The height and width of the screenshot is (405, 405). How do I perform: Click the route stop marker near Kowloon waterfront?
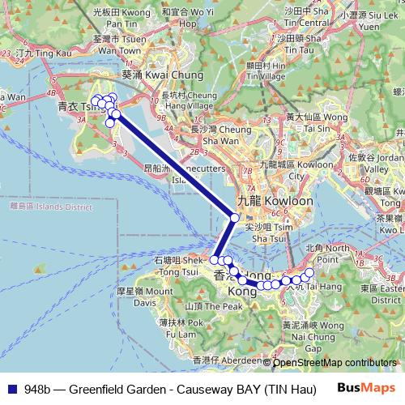point(235,217)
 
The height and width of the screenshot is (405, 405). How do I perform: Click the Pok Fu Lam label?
point(175,327)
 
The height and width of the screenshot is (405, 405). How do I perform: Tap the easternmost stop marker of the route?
point(309,271)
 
